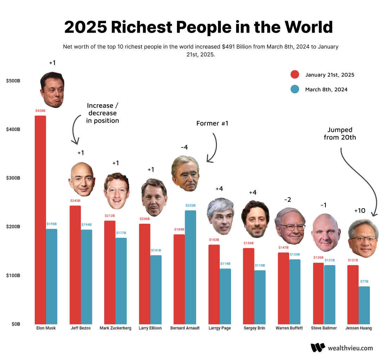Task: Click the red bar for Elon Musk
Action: click(x=40, y=220)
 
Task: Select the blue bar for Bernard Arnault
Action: click(x=190, y=267)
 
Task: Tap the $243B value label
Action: click(x=75, y=201)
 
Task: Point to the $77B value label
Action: click(x=364, y=282)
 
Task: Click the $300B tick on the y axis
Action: click(x=13, y=178)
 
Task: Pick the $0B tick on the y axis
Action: click(x=15, y=324)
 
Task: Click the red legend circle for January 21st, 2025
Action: click(x=295, y=75)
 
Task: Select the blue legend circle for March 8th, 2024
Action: click(x=295, y=90)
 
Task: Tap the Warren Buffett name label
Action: click(x=289, y=328)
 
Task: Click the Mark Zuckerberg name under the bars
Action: click(x=115, y=328)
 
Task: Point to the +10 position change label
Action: click(x=360, y=211)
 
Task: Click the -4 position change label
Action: click(x=184, y=148)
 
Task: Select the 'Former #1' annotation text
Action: click(x=212, y=124)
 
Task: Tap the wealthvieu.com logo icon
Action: click(x=318, y=347)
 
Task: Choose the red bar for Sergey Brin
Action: click(x=249, y=286)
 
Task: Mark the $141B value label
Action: click(x=156, y=250)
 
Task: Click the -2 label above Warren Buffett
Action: click(x=287, y=200)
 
